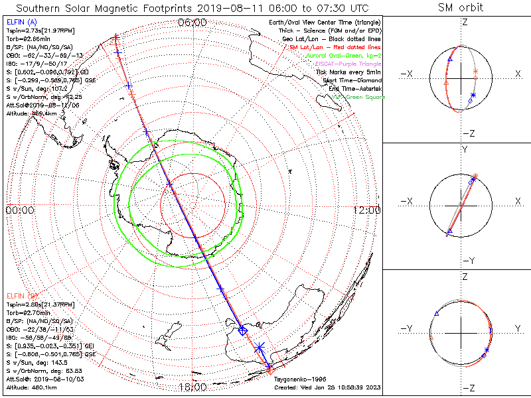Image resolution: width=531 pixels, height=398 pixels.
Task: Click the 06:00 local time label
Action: click(192, 23)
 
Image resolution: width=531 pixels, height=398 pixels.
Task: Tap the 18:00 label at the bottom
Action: click(192, 387)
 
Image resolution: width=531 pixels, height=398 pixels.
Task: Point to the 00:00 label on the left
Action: click(20, 210)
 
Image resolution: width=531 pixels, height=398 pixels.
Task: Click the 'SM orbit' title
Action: click(461, 8)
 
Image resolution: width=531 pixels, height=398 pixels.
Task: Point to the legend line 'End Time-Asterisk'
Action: click(354, 89)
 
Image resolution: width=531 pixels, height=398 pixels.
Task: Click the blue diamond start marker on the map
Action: click(243, 330)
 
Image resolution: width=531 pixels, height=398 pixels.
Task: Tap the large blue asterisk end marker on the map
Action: click(260, 347)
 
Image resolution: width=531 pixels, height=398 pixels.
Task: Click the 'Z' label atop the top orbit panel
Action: click(465, 22)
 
